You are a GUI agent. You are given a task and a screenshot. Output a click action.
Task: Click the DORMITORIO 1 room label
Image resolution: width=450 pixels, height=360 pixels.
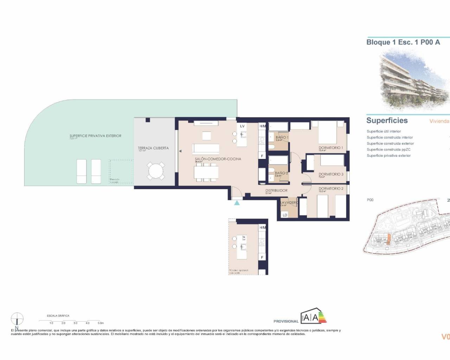point(330,148)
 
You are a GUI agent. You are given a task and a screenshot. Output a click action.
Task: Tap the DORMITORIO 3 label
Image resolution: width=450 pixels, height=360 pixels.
point(330,174)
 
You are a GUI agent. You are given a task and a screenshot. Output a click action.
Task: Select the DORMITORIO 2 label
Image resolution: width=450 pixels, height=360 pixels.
point(330,189)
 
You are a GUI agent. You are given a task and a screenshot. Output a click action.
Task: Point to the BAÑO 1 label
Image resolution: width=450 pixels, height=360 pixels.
point(282,137)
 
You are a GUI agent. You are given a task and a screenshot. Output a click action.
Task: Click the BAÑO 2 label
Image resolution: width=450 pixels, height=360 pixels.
point(281,173)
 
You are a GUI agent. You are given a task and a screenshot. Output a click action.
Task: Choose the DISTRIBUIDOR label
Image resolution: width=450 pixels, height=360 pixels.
point(276,191)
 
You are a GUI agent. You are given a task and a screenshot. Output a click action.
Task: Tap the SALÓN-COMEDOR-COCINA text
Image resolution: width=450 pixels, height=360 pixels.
point(218,159)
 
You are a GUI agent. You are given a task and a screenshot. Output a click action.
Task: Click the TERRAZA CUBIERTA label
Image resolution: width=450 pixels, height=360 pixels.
point(153,148)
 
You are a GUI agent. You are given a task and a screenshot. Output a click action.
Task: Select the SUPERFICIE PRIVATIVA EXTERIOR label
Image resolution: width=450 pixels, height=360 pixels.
point(95,136)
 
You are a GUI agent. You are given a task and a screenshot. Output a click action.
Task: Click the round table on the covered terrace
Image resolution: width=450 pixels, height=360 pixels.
point(156,171)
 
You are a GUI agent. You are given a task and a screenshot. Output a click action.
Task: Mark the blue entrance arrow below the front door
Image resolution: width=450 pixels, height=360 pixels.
point(237,202)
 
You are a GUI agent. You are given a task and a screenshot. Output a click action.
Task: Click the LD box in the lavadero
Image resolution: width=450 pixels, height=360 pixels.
point(285,215)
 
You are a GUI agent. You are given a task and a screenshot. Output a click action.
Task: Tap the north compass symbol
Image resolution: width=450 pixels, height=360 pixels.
point(17,319)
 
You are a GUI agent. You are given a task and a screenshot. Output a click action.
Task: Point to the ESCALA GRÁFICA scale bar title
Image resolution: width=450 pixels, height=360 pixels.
point(58,316)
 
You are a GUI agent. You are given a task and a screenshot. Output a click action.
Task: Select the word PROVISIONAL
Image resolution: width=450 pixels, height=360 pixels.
point(286,321)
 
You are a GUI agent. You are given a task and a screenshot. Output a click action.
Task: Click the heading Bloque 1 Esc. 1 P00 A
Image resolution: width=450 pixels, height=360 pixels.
point(403,42)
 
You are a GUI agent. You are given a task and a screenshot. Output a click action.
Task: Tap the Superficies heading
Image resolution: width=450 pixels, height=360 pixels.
point(387,121)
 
